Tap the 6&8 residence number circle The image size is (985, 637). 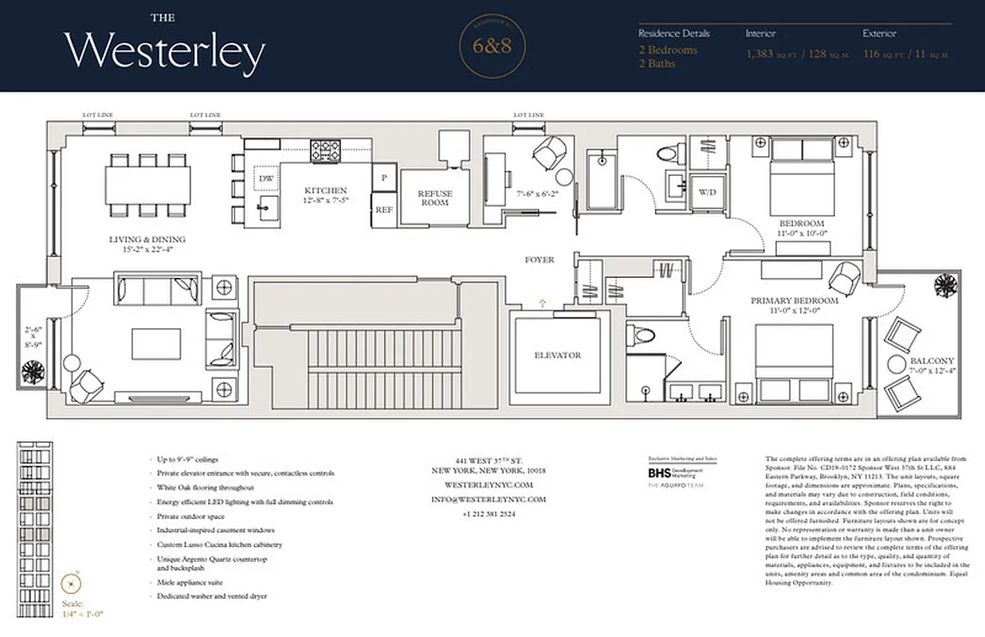pos(492,46)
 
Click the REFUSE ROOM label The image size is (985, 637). pos(436,197)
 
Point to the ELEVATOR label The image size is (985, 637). pos(558,355)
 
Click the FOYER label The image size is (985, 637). pos(540,260)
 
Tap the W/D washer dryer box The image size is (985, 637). pos(707,192)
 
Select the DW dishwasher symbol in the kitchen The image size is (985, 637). pos(265,179)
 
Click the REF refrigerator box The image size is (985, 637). pos(384,209)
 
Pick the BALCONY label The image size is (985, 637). pos(932,361)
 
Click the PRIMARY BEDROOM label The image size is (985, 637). pos(794,301)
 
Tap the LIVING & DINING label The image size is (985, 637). pos(147,239)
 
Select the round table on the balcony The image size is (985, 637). pos(895,366)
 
